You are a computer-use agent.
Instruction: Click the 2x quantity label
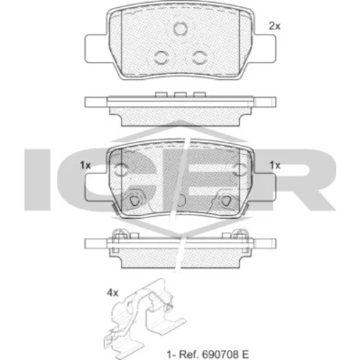pos(274,26)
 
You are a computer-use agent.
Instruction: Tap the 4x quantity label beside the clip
pos(112,293)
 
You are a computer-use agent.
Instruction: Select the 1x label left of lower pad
pos(85,165)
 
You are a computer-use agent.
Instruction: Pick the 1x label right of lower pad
pos(275,165)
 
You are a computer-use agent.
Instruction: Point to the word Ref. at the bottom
pos(189,354)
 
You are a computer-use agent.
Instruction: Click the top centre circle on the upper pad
pos(180,28)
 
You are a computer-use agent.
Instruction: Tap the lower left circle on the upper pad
pos(161,58)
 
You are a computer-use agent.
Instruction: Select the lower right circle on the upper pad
pos(199,58)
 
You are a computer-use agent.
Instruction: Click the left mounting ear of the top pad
pos(96,48)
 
